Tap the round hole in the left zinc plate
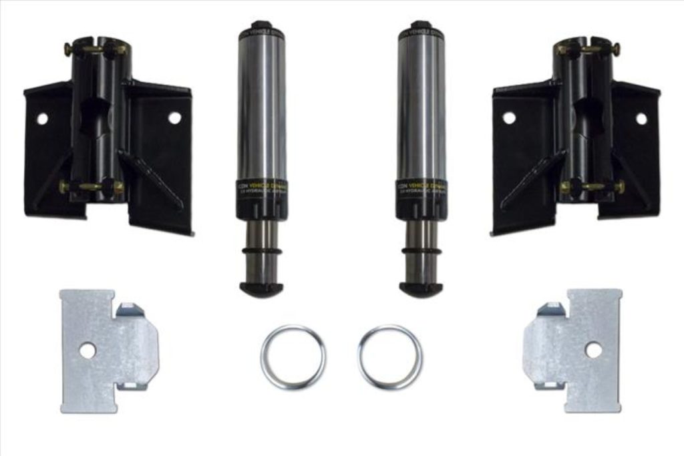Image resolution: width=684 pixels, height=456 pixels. (x=88, y=350)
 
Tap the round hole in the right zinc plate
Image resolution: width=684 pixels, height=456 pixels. (x=593, y=349)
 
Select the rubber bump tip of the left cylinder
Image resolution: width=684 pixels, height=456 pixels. (x=261, y=289)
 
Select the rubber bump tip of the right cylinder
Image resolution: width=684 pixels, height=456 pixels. (x=421, y=289)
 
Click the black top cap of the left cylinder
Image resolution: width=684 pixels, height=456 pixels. (x=261, y=27)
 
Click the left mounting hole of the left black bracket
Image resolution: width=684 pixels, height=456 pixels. (x=42, y=119)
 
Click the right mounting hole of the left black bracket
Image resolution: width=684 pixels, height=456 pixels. (x=174, y=118)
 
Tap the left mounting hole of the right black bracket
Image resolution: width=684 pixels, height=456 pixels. (x=509, y=118)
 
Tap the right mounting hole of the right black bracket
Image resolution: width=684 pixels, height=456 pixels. (x=641, y=119)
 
